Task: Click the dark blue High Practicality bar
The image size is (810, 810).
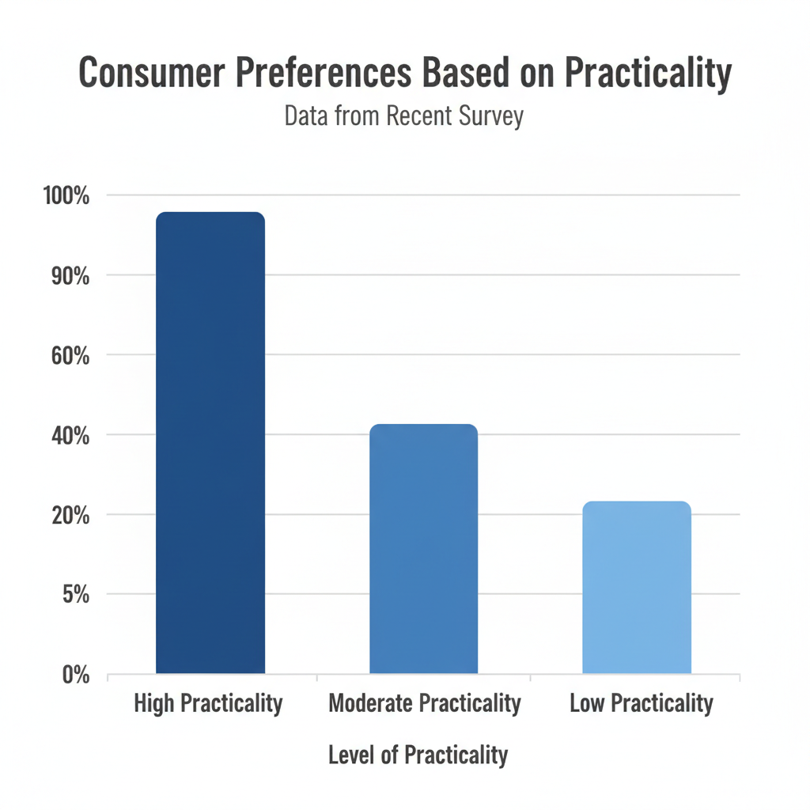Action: (210, 443)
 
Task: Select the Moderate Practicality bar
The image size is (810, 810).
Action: (424, 549)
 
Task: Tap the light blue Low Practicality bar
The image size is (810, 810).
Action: (637, 587)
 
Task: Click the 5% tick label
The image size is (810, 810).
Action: (76, 594)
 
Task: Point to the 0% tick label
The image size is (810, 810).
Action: (76, 674)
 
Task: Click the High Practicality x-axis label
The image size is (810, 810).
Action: (208, 703)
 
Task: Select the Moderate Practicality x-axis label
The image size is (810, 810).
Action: (425, 703)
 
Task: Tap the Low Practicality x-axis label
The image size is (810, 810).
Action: (642, 703)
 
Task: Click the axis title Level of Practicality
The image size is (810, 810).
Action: (418, 755)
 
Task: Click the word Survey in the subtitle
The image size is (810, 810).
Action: (490, 116)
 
